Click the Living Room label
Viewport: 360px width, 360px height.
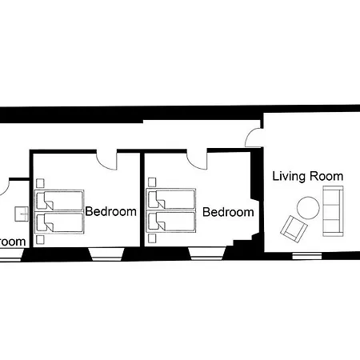pyautogui.click(x=308, y=176)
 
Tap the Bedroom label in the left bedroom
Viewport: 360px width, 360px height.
pyautogui.click(x=110, y=212)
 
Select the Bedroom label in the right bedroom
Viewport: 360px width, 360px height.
pyautogui.click(x=228, y=212)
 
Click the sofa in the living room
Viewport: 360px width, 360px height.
pyautogui.click(x=332, y=210)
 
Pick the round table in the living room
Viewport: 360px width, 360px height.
pyautogui.click(x=308, y=209)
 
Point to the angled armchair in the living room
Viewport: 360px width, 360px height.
pyautogui.click(x=294, y=230)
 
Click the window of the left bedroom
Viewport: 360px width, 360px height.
pyautogui.click(x=106, y=254)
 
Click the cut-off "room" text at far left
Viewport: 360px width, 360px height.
pyautogui.click(x=13, y=241)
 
